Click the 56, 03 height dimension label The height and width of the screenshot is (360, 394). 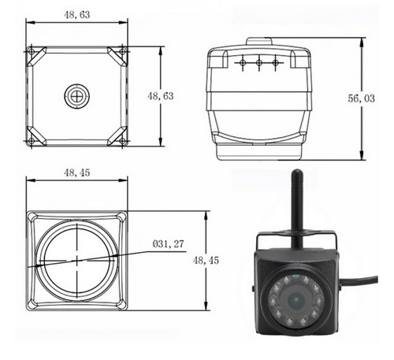(x=361, y=98)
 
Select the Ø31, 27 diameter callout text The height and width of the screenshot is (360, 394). (x=168, y=244)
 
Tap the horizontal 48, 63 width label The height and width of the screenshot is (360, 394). (x=77, y=15)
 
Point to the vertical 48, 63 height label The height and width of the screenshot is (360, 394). (x=161, y=96)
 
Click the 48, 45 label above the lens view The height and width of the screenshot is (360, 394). (x=77, y=173)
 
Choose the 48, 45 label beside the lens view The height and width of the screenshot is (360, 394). (x=206, y=261)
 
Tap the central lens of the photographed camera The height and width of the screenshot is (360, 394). (x=296, y=300)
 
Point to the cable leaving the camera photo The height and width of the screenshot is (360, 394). (x=359, y=280)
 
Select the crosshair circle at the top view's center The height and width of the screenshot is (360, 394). (x=76, y=96)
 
